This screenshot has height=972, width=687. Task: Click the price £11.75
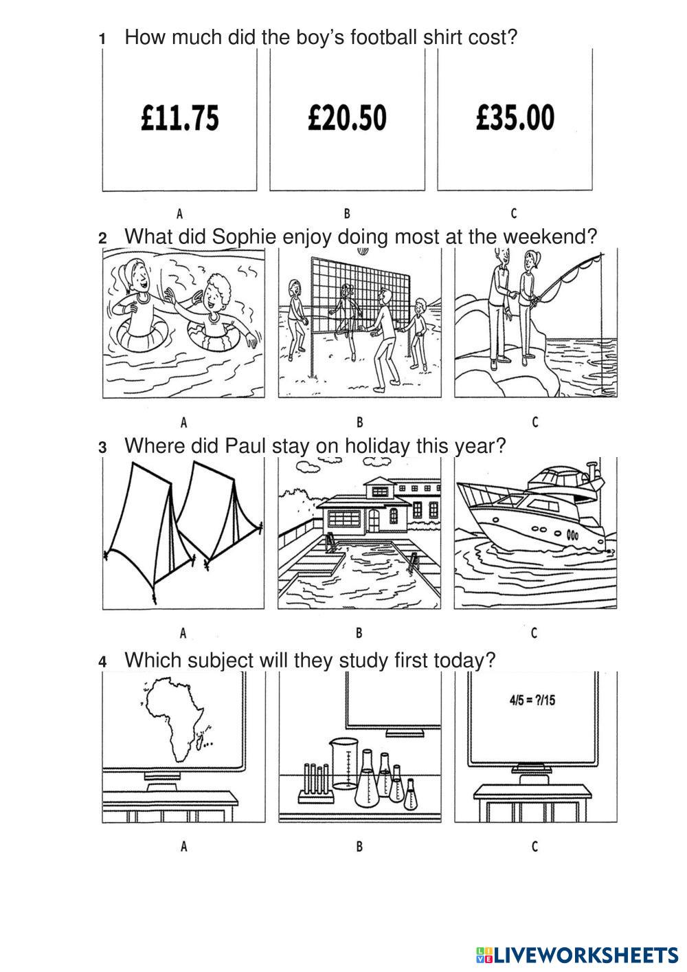click(x=180, y=118)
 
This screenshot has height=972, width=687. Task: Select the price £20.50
click(x=347, y=118)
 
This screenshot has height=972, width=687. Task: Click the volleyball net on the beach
click(x=360, y=295)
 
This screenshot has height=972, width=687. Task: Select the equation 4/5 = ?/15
click(x=532, y=700)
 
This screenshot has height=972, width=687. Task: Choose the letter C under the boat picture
click(x=534, y=633)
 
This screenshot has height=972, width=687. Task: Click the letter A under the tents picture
click(x=183, y=633)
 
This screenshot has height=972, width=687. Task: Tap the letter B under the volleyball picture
click(x=359, y=422)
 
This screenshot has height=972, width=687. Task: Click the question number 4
click(x=102, y=662)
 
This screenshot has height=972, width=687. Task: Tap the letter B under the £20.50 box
click(x=347, y=214)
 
